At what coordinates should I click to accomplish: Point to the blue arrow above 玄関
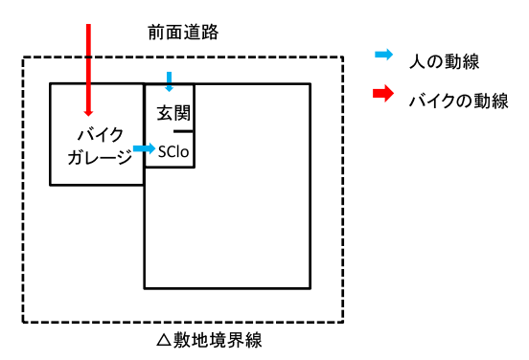pyautogui.click(x=169, y=78)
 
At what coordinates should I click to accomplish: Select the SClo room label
pyautogui.click(x=174, y=150)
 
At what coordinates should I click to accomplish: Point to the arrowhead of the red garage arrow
pyautogui.click(x=88, y=109)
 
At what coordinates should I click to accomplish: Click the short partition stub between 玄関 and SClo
pyautogui.click(x=184, y=131)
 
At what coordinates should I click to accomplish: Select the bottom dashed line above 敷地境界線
pyautogui.click(x=182, y=322)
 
